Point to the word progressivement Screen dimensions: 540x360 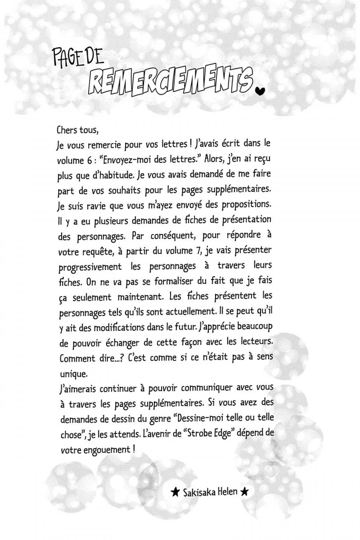tap(90, 267)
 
